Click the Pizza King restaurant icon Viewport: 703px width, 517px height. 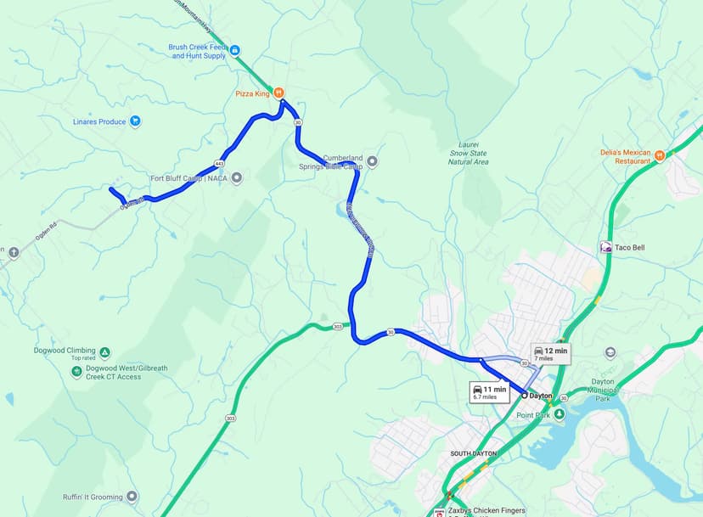[277, 93]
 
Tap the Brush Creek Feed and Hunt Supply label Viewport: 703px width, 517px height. [198, 51]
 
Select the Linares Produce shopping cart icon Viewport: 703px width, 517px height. [134, 121]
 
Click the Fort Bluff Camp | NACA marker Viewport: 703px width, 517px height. [237, 177]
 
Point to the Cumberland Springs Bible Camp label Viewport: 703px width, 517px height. [342, 162]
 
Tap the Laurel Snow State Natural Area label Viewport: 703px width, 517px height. [468, 154]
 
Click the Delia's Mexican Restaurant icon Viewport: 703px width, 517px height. [659, 155]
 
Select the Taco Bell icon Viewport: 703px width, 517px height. [606, 247]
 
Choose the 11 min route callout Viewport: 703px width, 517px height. [489, 391]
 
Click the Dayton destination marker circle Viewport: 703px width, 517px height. [524, 396]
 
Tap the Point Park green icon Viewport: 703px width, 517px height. [559, 414]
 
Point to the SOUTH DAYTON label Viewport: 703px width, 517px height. [473, 454]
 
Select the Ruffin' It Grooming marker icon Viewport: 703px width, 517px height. [132, 497]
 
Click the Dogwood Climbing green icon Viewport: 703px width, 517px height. [104, 352]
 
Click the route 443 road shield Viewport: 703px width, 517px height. [220, 163]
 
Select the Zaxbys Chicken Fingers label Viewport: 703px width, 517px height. [486, 511]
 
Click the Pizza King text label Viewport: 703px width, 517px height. [252, 93]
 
